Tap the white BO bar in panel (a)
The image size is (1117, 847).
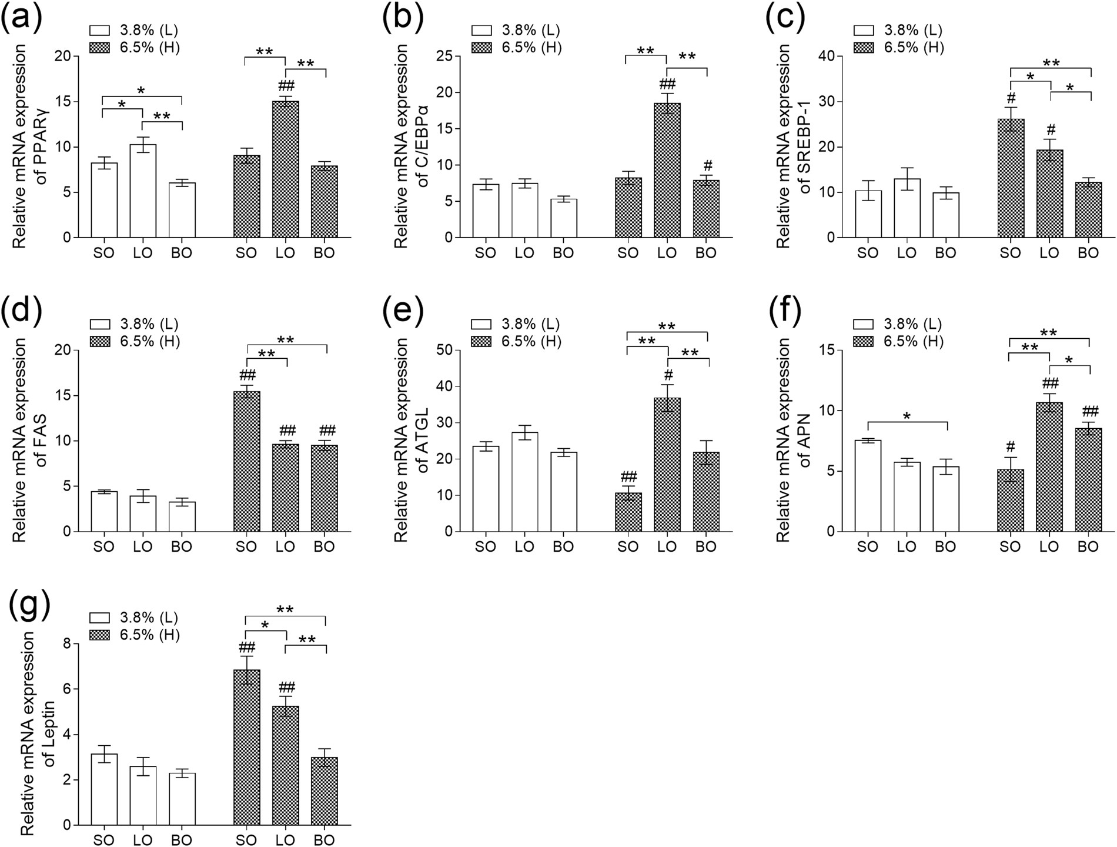coord(182,210)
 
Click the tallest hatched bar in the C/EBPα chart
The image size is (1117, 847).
coord(667,171)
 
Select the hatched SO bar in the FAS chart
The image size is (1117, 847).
coord(246,462)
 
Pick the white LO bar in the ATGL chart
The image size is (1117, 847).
coord(524,482)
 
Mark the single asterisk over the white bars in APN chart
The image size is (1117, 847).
coord(907,416)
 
